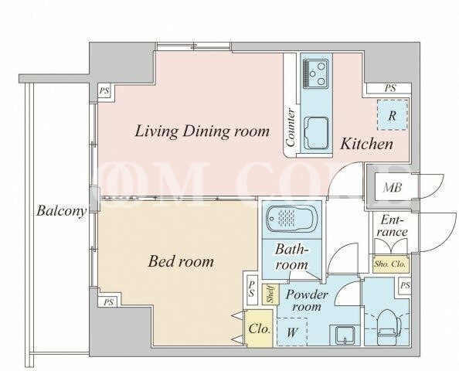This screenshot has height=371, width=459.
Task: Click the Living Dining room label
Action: (x=202, y=131)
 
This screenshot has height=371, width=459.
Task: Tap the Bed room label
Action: (x=181, y=261)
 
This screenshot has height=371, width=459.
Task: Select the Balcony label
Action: (x=62, y=211)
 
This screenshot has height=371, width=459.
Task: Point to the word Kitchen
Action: (x=366, y=144)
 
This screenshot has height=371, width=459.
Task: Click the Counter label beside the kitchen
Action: (x=291, y=128)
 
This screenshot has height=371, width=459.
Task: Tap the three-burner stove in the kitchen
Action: (x=315, y=73)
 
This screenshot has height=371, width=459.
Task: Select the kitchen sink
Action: (x=316, y=133)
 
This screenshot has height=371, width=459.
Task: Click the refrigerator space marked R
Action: (x=393, y=115)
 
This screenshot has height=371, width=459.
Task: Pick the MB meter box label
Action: (x=393, y=187)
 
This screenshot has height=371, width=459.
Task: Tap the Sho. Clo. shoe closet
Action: (x=390, y=264)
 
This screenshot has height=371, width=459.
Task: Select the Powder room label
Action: (x=306, y=300)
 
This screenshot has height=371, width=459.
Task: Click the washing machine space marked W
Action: (x=292, y=332)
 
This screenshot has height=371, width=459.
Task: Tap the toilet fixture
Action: (x=389, y=327)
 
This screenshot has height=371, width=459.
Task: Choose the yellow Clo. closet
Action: (x=259, y=328)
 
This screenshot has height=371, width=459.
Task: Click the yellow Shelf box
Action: (x=270, y=294)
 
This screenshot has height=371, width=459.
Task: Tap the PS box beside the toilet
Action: (x=405, y=285)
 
